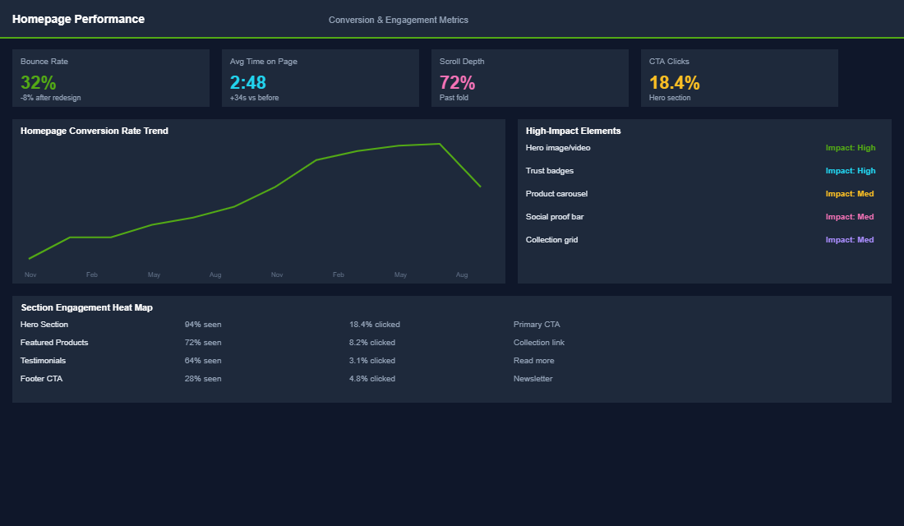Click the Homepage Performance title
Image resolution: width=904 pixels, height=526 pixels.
click(x=78, y=19)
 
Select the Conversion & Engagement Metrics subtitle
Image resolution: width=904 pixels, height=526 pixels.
click(x=398, y=20)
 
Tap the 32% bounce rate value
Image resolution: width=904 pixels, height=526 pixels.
click(x=38, y=82)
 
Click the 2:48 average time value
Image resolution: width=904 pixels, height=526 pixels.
click(x=248, y=82)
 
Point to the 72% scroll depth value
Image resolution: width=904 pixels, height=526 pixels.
click(x=457, y=82)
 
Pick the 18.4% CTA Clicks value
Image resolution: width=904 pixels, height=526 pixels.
click(x=674, y=82)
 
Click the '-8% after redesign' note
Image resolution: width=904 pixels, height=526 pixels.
click(x=50, y=98)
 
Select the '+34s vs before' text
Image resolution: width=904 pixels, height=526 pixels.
click(x=254, y=98)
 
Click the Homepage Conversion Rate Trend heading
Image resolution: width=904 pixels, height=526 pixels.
click(x=95, y=131)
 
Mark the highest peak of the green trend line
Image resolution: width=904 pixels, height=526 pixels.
click(x=440, y=144)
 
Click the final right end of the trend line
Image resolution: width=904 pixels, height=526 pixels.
click(x=481, y=187)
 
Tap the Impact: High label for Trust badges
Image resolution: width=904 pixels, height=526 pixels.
click(x=851, y=171)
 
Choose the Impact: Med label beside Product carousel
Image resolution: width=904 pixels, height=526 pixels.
click(x=850, y=194)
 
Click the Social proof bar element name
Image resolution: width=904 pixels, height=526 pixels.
click(x=555, y=217)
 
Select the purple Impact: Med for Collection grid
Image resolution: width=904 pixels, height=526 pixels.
click(x=850, y=240)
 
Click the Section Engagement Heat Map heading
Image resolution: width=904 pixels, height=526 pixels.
click(x=86, y=307)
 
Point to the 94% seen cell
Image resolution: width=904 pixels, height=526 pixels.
click(x=203, y=325)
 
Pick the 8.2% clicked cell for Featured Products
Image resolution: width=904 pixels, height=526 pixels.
click(x=371, y=343)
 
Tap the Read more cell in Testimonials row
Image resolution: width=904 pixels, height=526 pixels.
click(x=533, y=361)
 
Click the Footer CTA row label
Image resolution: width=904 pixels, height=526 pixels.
click(x=41, y=379)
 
